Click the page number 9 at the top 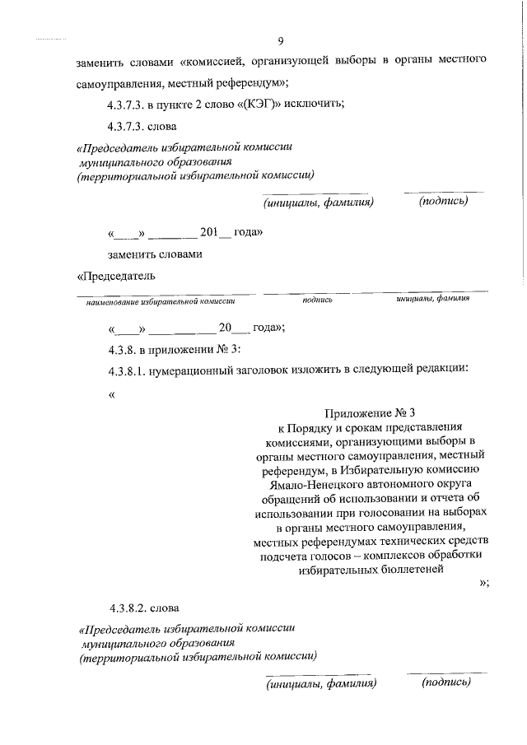point(282,41)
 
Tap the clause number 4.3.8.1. point(129,370)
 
